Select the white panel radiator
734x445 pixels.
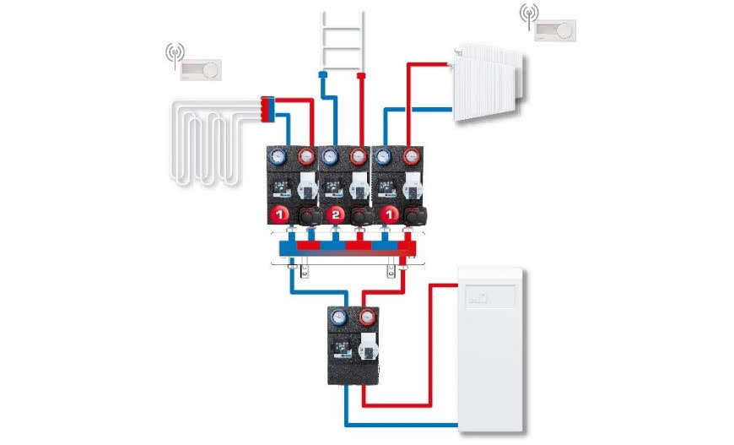(487, 85)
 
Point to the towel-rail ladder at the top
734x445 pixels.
(342, 37)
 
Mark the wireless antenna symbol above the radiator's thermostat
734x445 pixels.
(529, 15)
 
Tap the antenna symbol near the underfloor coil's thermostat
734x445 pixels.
(175, 53)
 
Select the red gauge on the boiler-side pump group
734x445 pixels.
(367, 319)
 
